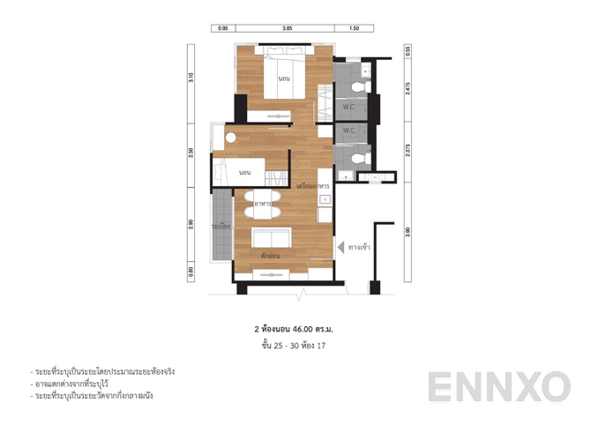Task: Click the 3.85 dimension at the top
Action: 287,29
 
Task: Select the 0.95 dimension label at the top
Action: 223,29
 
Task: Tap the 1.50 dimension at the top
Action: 355,29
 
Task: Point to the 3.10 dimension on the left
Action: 191,78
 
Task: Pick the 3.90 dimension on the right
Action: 408,231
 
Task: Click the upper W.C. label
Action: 349,107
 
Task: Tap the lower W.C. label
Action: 349,130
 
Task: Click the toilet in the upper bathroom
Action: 358,86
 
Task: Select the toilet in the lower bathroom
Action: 357,158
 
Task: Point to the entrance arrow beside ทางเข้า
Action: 339,248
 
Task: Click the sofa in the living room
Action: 271,239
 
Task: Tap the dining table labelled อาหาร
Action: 262,205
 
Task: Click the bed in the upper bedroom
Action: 284,78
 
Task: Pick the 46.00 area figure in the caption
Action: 304,328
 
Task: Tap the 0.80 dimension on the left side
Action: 191,272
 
